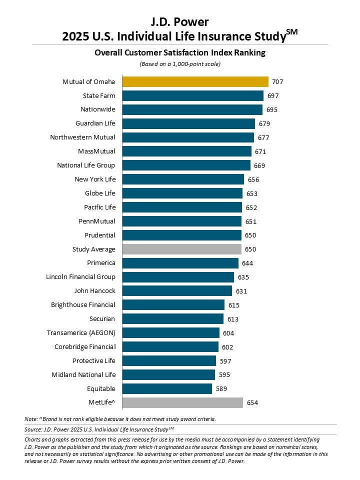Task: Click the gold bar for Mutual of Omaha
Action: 195,81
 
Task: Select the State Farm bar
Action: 193,95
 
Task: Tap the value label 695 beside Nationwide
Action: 272,109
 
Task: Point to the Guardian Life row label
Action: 95,123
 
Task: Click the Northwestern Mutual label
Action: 83,137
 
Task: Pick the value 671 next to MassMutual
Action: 260,151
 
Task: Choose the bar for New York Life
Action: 183,179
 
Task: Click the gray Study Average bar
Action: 182,249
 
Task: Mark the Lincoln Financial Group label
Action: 80,277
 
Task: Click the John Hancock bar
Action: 177,291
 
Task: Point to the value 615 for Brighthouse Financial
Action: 233,305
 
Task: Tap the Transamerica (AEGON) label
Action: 81,333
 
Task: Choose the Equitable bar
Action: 167,388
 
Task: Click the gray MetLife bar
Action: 183,402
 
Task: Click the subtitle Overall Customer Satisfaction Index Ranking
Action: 180,52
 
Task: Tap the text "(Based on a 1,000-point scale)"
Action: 179,64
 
